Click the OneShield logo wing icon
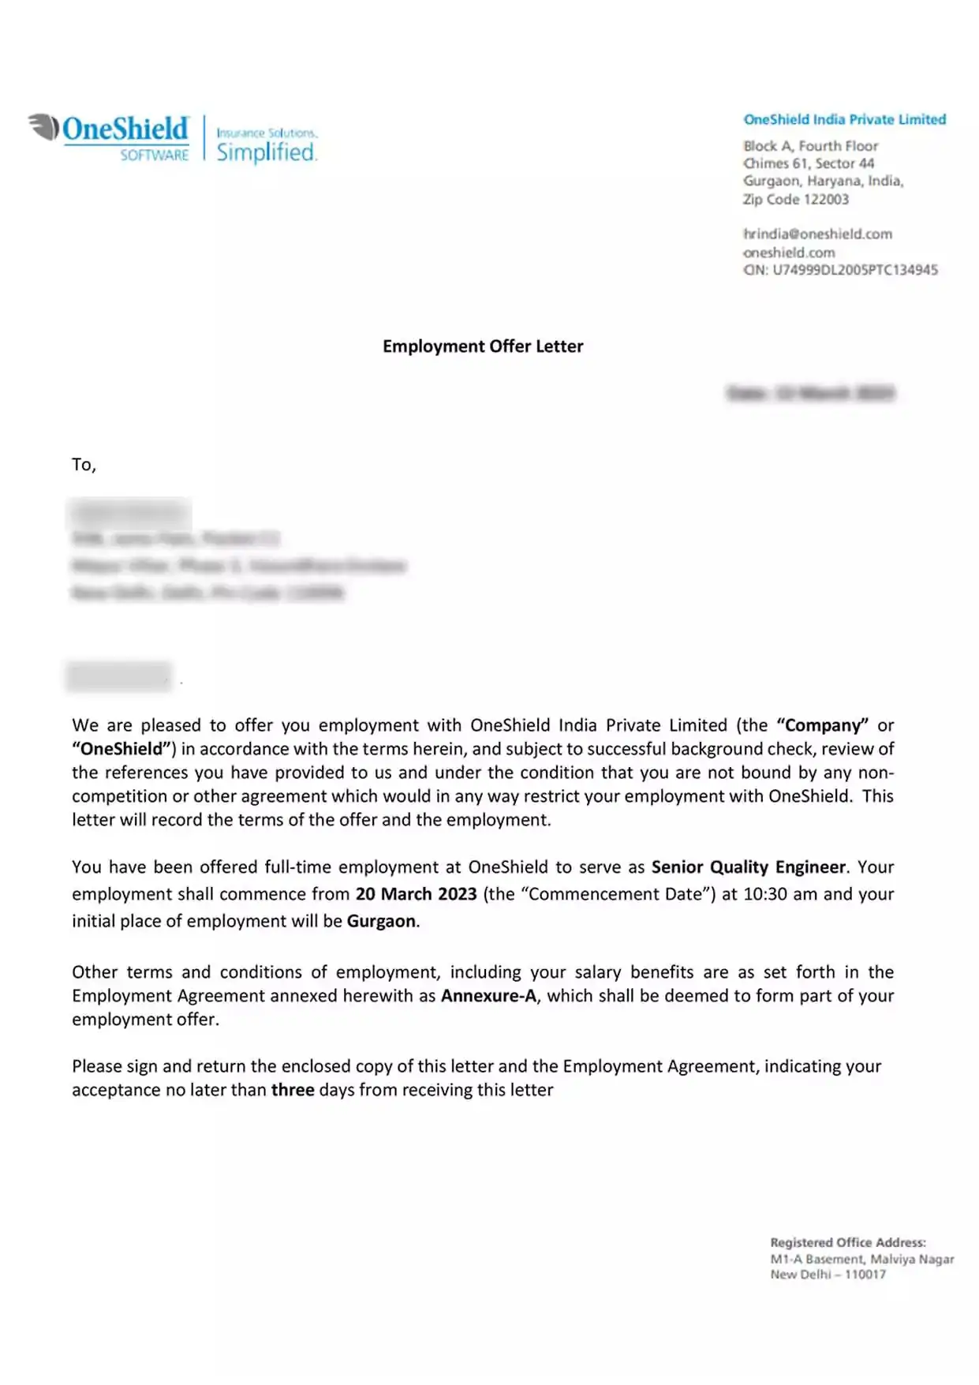(x=44, y=127)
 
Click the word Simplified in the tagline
(x=267, y=152)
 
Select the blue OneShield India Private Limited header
(x=844, y=119)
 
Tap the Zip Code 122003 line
(x=795, y=199)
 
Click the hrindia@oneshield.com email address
(x=817, y=234)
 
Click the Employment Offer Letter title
(x=483, y=346)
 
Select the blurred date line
(x=810, y=393)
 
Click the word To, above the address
(x=84, y=465)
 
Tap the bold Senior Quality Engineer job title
(x=749, y=867)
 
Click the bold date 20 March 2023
(x=416, y=894)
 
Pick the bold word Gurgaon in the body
(x=381, y=921)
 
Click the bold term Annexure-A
(x=488, y=996)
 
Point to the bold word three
(x=293, y=1090)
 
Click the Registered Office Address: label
(x=848, y=1242)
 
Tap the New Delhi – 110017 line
(x=828, y=1275)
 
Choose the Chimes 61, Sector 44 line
(x=808, y=163)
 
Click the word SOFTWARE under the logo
(x=154, y=155)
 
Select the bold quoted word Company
(x=822, y=725)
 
